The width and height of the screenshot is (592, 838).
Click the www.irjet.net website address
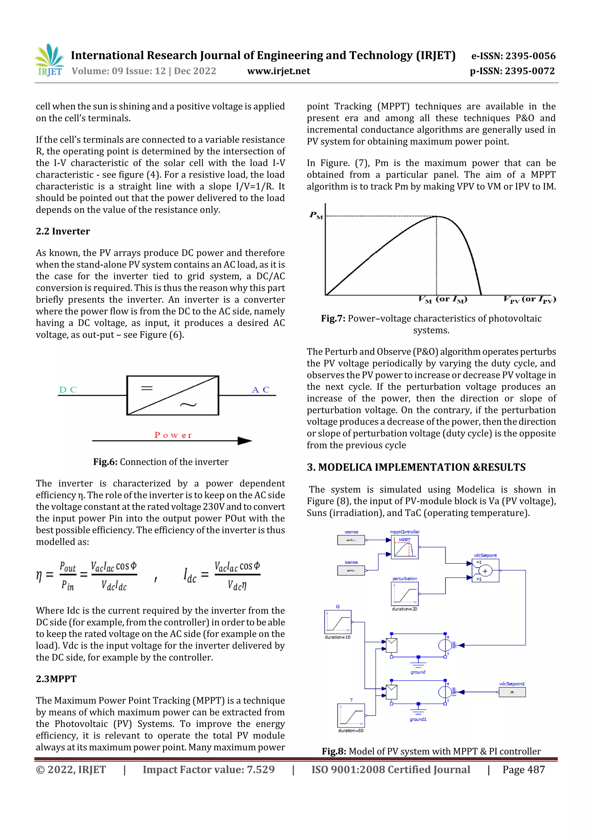pos(278,71)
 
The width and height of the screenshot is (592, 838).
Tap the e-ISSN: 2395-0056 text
pos(513,56)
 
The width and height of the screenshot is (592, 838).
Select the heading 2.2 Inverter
pos(63,231)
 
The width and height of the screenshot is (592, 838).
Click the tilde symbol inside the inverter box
pos(188,404)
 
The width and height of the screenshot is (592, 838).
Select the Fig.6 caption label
pos(105,462)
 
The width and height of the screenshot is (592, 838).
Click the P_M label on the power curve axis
pos(316,215)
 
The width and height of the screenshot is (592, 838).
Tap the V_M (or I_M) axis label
pos(443,300)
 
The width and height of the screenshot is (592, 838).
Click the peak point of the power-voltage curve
pos(436,216)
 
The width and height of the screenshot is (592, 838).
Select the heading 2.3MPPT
pos(56,679)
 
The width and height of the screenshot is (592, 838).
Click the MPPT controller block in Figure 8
pos(404,547)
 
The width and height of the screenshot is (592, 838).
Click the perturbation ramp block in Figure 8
pos(404,594)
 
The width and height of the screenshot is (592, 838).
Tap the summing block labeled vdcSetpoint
pos(485,571)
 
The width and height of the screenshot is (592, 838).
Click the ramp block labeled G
pos(338,622)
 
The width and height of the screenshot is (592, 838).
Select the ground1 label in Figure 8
pos(418,719)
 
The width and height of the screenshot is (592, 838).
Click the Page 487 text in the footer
pos(523,769)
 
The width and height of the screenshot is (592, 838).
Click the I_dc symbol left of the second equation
pos(190,576)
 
